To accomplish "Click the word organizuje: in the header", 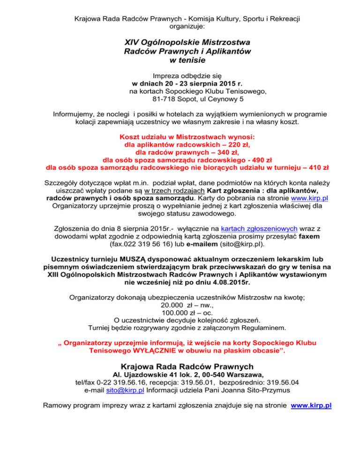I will pyautogui.click(x=180, y=27).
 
